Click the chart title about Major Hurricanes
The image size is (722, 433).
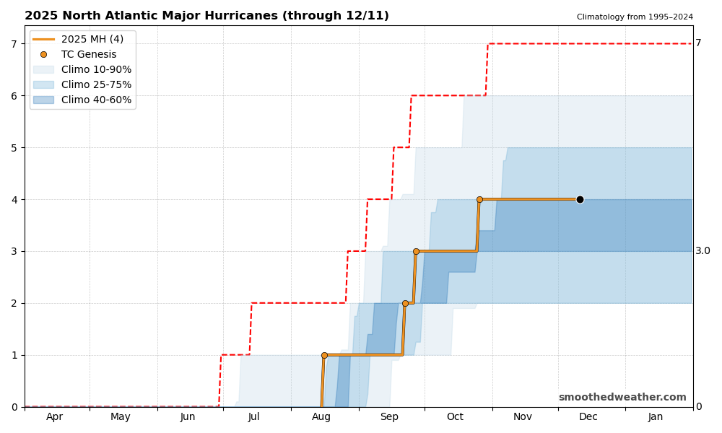pyautogui.click(x=206, y=16)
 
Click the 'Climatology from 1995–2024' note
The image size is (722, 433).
pyautogui.click(x=635, y=17)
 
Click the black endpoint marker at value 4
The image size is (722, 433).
pyautogui.click(x=580, y=199)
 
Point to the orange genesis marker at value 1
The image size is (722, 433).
pyautogui.click(x=324, y=355)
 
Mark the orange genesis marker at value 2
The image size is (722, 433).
pyautogui.click(x=405, y=303)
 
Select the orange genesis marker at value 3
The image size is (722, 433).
pyautogui.click(x=416, y=251)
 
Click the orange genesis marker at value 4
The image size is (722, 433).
pyautogui.click(x=479, y=199)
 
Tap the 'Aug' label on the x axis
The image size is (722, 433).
pyautogui.click(x=321, y=417)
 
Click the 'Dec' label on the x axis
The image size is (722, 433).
pyautogui.click(x=588, y=417)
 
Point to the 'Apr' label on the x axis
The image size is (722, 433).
pyautogui.click(x=55, y=417)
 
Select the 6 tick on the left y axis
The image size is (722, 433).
pyautogui.click(x=14, y=95)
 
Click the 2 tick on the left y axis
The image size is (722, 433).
pyautogui.click(x=14, y=303)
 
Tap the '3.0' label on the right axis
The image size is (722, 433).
pyautogui.click(x=703, y=251)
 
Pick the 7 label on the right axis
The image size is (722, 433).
pyautogui.click(x=698, y=43)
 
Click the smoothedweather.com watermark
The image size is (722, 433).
pyautogui.click(x=622, y=398)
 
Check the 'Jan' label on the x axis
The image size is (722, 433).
pyautogui.click(x=656, y=417)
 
